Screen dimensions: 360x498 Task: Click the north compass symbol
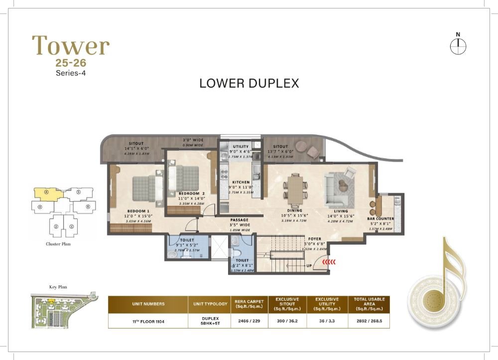[x=457, y=46]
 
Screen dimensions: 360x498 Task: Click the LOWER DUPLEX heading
[x=249, y=83]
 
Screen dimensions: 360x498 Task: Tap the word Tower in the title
[x=71, y=46]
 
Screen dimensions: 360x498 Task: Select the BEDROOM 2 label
[x=192, y=193]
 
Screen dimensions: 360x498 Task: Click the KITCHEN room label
[x=241, y=182]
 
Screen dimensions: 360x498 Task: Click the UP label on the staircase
[x=309, y=266]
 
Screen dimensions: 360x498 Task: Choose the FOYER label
[x=315, y=239]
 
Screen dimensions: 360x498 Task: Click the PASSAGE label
[x=239, y=220]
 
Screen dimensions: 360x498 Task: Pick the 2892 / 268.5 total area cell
[x=369, y=321]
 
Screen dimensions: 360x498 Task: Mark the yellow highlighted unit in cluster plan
[x=47, y=193]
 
